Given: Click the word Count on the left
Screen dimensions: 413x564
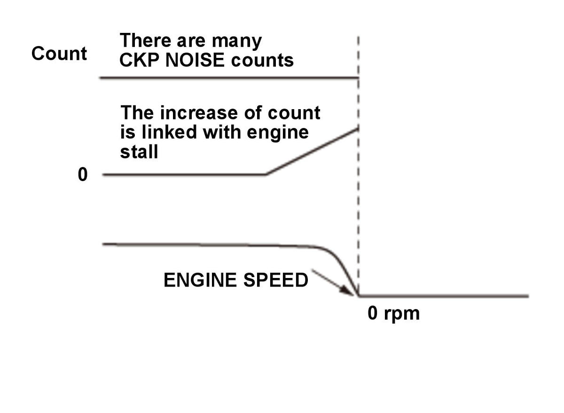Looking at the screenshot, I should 59,54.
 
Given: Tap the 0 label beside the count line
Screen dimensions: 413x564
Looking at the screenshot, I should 83,175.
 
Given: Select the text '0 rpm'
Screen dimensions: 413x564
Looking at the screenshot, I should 393,313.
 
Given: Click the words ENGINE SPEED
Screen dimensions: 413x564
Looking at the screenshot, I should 235,280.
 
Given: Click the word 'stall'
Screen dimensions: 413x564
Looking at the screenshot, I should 139,151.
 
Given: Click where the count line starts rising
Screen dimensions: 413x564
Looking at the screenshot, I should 266,175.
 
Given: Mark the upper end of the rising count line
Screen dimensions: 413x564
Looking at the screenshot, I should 358,128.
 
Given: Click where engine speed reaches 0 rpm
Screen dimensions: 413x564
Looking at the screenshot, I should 359,296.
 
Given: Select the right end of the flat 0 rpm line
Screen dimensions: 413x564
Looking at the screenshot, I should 528,296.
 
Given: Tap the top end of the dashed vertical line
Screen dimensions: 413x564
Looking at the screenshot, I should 359,37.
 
